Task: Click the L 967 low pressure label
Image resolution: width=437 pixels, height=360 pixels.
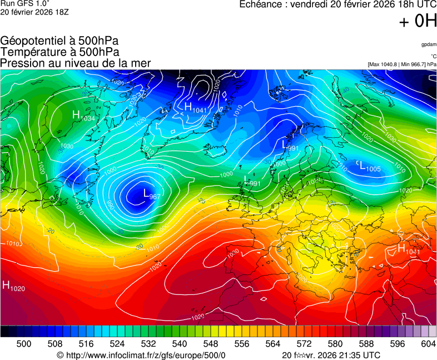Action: pyautogui.click(x=152, y=194)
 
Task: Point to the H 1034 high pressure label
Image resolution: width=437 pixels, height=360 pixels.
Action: pyautogui.click(x=83, y=116)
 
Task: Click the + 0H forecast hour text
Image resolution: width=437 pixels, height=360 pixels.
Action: pyautogui.click(x=418, y=21)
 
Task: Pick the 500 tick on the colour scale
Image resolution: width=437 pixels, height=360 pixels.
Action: pyautogui.click(x=23, y=344)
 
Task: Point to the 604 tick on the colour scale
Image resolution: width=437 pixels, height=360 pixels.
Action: pyautogui.click(x=428, y=344)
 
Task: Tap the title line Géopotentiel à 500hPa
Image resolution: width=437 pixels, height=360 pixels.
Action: pyautogui.click(x=59, y=41)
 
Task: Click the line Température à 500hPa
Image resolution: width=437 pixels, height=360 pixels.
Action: pyautogui.click(x=59, y=52)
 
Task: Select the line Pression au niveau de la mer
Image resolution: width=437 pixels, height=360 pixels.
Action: pyautogui.click(x=75, y=63)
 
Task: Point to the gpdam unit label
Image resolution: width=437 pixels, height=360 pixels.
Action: pyautogui.click(x=429, y=44)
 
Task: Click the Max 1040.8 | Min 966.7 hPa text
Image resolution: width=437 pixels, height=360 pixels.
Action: pyautogui.click(x=402, y=64)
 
